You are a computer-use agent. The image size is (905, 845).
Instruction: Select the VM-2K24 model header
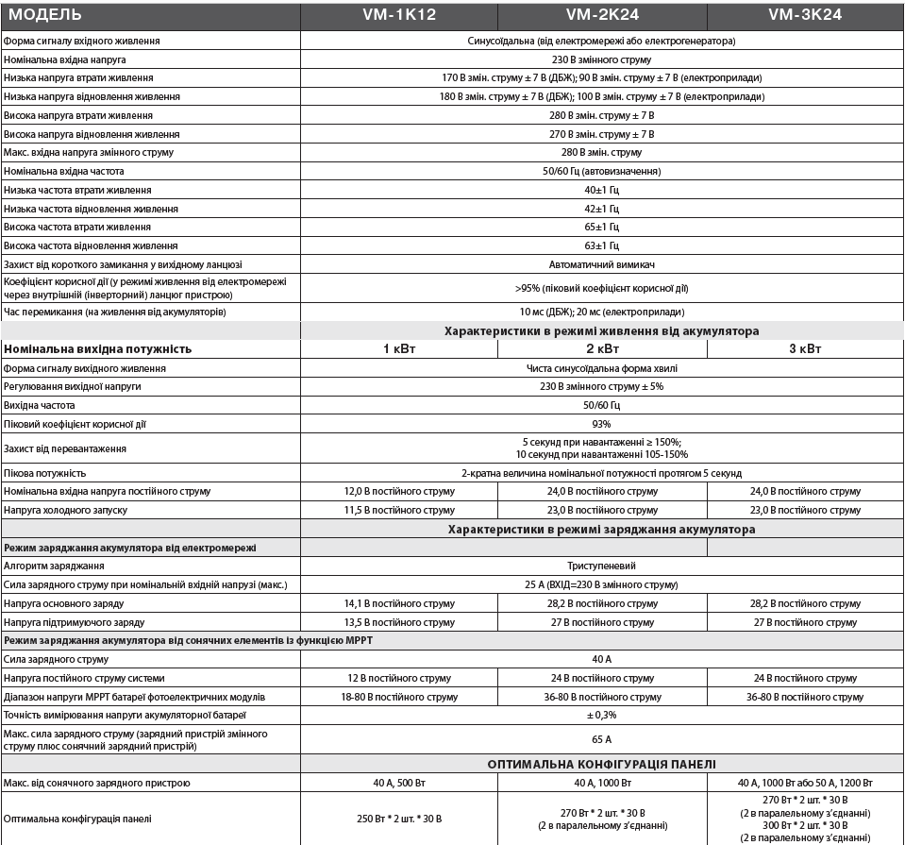pyautogui.click(x=602, y=15)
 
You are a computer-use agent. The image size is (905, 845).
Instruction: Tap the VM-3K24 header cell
pyautogui.click(x=805, y=15)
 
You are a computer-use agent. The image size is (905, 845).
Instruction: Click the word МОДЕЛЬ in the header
pyautogui.click(x=44, y=15)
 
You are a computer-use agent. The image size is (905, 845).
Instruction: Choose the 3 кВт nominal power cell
pyautogui.click(x=805, y=348)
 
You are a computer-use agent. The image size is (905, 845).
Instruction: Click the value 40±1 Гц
pyautogui.click(x=601, y=190)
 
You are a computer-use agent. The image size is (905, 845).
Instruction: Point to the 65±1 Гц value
pyautogui.click(x=601, y=227)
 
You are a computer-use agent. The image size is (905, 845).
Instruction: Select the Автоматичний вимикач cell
pyautogui.click(x=601, y=264)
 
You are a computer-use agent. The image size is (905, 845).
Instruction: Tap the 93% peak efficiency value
pyautogui.click(x=601, y=424)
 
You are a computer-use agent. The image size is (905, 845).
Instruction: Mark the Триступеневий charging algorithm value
pyautogui.click(x=601, y=566)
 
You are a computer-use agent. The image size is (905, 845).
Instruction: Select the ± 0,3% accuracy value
pyautogui.click(x=601, y=716)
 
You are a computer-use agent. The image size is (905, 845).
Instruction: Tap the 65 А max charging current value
pyautogui.click(x=601, y=739)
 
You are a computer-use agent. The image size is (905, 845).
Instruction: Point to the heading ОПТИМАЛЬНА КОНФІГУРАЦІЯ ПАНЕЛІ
pyautogui.click(x=601, y=764)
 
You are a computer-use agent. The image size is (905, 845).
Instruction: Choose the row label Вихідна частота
pyautogui.click(x=40, y=405)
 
